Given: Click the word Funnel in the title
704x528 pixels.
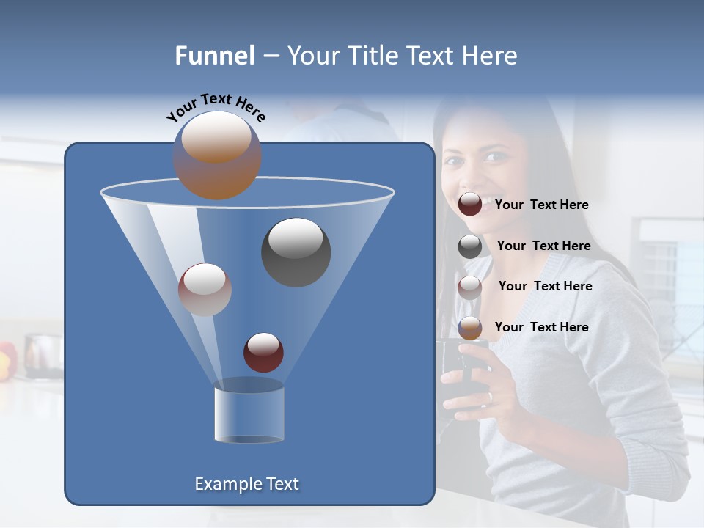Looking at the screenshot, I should click(x=214, y=56).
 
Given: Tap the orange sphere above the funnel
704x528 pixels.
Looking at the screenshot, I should click(x=217, y=155).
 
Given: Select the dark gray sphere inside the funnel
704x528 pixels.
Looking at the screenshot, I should click(x=296, y=252).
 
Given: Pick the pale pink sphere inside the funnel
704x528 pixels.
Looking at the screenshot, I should click(x=205, y=289).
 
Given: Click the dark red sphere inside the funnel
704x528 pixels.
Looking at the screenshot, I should click(x=263, y=353).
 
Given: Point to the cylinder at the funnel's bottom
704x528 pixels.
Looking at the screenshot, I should click(x=249, y=414).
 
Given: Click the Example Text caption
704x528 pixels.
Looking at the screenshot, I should click(x=246, y=484).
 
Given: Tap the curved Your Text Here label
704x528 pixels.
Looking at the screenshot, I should click(x=216, y=107).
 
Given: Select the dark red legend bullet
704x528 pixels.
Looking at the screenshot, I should click(x=470, y=205).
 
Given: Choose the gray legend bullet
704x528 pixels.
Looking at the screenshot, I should click(x=470, y=246).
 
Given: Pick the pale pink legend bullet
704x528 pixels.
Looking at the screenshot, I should click(x=470, y=287).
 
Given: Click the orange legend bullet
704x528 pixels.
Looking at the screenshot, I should click(x=470, y=328).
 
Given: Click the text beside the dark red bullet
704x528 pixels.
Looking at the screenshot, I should click(x=541, y=205).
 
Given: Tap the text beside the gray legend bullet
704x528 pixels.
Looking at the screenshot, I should click(x=543, y=246).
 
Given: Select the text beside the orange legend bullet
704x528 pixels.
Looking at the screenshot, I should click(x=541, y=327).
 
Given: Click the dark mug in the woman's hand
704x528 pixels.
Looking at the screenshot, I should click(x=458, y=374).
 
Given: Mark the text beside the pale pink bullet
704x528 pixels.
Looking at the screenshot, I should click(x=545, y=286).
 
